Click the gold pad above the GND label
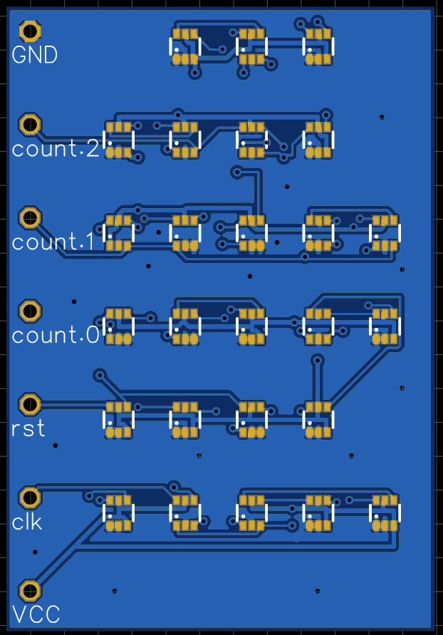pos(30,31)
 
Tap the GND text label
pos(35,55)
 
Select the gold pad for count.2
pos(30,124)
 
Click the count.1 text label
pos(53,242)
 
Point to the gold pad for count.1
pos(30,217)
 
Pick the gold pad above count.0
pos(30,310)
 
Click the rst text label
pos(28,428)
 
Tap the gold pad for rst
pos(30,404)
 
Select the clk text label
pos(27,522)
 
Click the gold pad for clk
pos(30,497)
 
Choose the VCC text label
pos(36,614)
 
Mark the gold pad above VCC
pos(30,590)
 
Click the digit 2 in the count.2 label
pos(93,149)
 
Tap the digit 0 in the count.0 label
pos(93,335)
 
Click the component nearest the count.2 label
pos(118,140)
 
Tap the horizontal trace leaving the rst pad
pos(71,405)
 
